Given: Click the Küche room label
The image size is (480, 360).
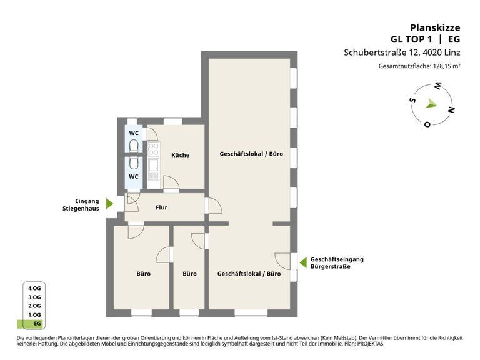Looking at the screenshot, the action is tap(180, 155).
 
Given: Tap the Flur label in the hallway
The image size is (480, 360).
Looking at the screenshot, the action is tap(161, 207).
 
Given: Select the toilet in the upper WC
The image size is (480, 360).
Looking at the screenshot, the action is tap(134, 146).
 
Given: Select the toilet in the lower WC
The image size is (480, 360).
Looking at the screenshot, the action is tap(134, 164).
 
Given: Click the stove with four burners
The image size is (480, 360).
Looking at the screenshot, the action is tap(153, 149).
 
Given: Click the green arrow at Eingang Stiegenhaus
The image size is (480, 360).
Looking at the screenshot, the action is tap(109, 204).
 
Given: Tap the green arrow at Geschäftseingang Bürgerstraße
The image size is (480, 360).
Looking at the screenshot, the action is tap(303, 262).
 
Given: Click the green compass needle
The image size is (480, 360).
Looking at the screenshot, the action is tap(432, 104).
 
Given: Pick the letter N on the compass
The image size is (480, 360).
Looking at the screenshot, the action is tap(451, 109).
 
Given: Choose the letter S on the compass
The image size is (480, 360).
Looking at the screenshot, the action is tap(413, 99).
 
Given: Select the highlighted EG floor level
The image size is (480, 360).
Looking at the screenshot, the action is tap(31, 324).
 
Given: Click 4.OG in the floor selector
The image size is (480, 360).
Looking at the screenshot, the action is tap(34, 288).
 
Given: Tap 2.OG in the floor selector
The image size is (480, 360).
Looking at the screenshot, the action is tap(34, 306).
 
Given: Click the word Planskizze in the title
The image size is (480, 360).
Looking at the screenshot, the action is tap(435, 28).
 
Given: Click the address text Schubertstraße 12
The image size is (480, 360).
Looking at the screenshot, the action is tap(381, 52).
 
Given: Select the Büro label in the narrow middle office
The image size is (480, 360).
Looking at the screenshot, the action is tap(189, 274).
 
